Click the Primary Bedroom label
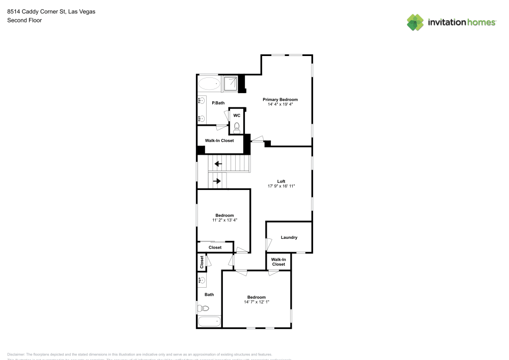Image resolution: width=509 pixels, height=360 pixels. pos(280,99)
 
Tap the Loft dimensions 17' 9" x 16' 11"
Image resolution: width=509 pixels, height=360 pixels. pos(281,186)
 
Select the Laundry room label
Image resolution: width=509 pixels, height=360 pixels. pos(289,237)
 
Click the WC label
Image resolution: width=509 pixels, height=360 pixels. pos(237,116)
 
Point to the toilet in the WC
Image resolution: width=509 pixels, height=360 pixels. pos(237,126)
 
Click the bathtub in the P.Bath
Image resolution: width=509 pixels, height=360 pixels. pos(209,84)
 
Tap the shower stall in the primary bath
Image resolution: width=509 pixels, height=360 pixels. pos(230,84)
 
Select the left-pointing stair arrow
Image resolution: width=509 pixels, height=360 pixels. pos(218,164)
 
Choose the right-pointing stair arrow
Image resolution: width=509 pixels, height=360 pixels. pos(217,181)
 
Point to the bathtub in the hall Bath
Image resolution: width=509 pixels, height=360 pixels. pos(209,322)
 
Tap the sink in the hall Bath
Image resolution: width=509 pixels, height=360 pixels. pos(202,280)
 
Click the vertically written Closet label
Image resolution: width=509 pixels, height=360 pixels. pos(202,262)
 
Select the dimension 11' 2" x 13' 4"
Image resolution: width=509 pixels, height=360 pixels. pos(224,220)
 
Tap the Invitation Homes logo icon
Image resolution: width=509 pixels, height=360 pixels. pos(415,22)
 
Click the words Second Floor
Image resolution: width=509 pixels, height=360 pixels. pos(24,20)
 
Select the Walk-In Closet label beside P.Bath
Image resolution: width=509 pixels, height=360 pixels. pos(219,141)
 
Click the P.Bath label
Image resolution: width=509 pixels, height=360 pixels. pos(218,103)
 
